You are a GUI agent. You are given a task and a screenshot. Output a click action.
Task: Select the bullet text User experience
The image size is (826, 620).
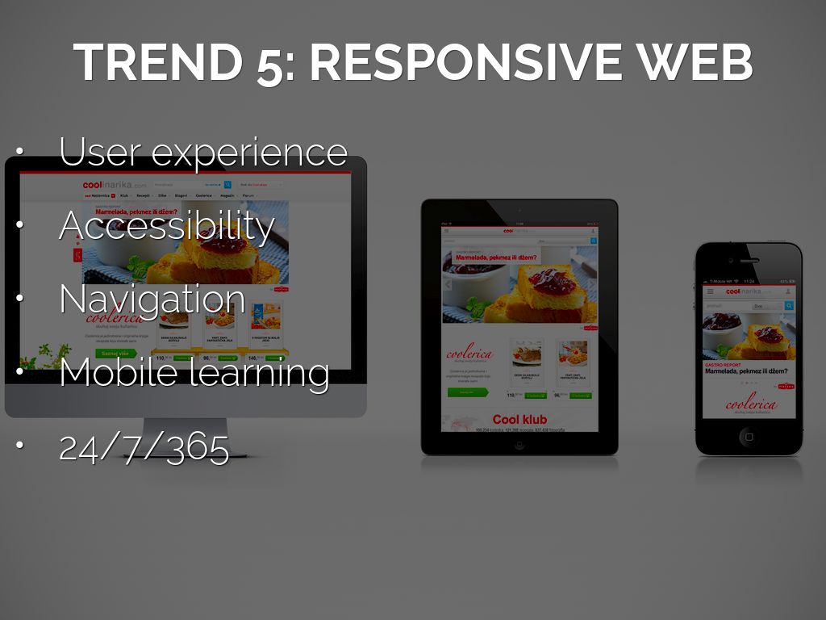point(203,151)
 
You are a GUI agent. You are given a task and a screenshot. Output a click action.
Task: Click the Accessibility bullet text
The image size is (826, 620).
point(166,225)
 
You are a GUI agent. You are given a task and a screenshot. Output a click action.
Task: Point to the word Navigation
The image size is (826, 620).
point(152,299)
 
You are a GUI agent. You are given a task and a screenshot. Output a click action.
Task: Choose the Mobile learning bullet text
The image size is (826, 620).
point(194,372)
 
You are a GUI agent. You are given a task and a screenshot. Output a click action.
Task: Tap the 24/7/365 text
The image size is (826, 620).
point(144,446)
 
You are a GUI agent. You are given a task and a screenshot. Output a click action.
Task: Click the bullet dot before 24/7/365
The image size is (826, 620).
point(19,446)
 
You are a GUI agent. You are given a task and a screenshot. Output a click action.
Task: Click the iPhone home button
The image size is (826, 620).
point(749,437)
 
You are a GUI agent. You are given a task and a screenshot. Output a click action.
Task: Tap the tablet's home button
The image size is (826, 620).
point(519,443)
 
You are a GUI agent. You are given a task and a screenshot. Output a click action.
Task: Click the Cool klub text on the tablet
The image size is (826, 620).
point(519,419)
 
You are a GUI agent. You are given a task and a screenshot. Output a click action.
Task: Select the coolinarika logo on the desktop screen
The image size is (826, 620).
point(114,185)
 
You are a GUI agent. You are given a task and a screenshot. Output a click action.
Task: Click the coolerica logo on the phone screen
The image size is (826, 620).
point(751,404)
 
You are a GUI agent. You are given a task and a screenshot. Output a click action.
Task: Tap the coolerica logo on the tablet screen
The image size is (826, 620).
point(467,353)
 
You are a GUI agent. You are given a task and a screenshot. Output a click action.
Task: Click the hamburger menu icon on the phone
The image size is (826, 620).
point(710,291)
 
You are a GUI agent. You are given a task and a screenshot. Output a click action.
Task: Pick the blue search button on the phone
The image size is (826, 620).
point(789,306)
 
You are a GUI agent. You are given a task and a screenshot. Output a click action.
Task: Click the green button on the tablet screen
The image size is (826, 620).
point(468,392)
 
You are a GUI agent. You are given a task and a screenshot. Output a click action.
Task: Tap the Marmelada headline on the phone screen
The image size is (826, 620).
point(746,371)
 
